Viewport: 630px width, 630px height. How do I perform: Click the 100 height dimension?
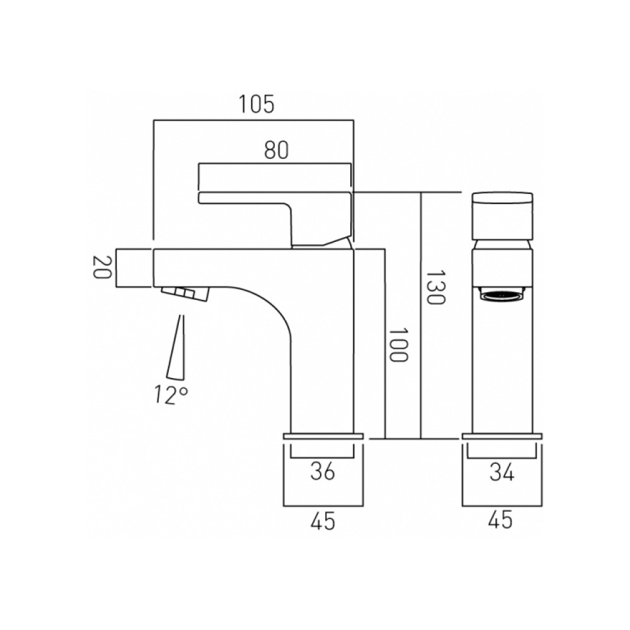point(398,344)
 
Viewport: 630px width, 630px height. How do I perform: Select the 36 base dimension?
point(323,471)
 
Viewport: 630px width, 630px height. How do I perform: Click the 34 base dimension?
point(501,471)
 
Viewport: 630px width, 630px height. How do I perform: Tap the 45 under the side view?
point(323,520)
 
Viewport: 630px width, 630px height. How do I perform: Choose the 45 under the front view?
point(501,520)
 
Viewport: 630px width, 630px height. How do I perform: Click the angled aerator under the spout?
point(184,294)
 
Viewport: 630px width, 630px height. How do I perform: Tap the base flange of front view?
point(501,435)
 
